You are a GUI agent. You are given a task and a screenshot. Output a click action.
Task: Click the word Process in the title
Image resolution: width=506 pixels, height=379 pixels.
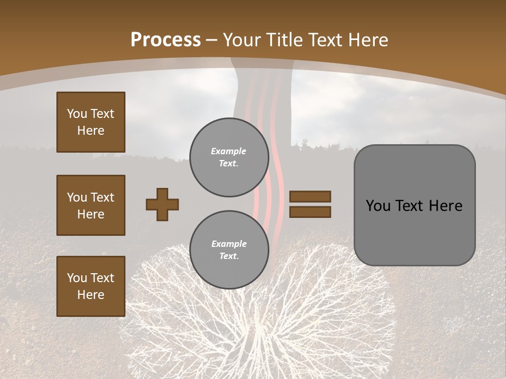166,40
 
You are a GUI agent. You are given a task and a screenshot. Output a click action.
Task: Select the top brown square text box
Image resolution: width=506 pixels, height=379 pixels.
91,122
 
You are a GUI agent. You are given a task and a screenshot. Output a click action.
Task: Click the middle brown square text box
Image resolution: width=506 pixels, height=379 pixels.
91,205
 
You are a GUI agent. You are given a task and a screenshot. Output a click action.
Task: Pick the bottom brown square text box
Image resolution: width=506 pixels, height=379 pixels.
91,286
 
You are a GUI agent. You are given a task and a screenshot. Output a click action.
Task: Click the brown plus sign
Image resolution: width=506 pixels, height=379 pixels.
162,204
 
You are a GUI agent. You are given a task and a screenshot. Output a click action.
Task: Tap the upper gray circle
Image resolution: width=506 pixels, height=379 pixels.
229,157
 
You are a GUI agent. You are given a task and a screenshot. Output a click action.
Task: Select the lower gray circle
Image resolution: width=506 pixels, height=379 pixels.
229,250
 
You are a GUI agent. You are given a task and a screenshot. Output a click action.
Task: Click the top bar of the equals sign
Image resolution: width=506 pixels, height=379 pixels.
310,197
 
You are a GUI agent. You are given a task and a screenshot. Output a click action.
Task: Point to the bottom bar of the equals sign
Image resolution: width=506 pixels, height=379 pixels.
310,212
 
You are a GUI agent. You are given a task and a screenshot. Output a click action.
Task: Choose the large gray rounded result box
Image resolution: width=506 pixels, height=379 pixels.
414,205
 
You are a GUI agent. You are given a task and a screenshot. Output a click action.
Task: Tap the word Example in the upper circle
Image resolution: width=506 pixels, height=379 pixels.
229,151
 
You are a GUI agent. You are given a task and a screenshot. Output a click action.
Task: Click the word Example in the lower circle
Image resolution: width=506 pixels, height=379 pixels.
229,244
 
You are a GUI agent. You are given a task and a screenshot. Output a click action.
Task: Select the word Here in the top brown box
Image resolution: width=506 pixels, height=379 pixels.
91,131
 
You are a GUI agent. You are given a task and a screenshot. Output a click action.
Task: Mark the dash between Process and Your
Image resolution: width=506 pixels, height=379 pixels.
212,41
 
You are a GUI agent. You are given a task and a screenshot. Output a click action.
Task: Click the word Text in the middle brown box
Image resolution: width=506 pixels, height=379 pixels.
102,197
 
